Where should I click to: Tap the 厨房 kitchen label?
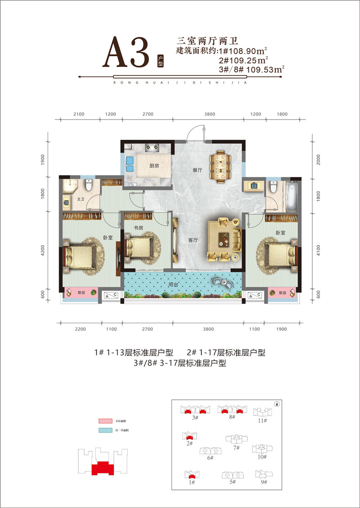(154, 165)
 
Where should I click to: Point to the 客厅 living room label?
(193, 241)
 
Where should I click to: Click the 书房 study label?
(138, 228)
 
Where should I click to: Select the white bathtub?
(292, 196)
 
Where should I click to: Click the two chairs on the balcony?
(223, 281)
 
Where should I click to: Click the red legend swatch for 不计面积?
(104, 421)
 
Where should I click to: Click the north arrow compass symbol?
(277, 404)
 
